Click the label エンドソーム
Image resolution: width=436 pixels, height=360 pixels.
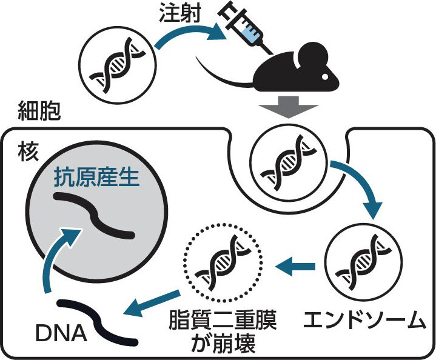[364, 320]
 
